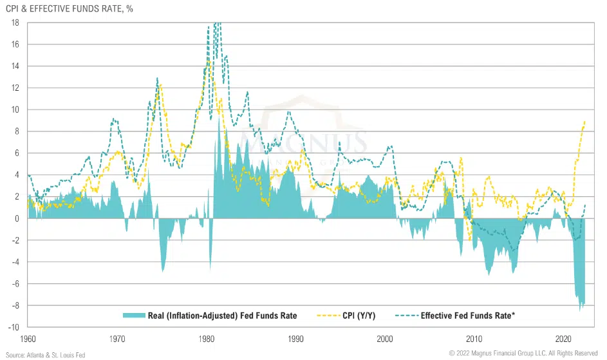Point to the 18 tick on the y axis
[x=14, y=23]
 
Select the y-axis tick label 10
[x=14, y=109]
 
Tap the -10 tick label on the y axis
[x=13, y=327]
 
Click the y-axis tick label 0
[x=17, y=218]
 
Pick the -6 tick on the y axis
[x=14, y=284]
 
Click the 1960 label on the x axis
[x=28, y=339]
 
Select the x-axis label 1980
[x=207, y=339]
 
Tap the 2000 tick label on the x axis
[x=385, y=339]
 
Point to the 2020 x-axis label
[x=564, y=339]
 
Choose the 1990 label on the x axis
[x=296, y=339]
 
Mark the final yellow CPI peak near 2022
[x=584, y=121]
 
